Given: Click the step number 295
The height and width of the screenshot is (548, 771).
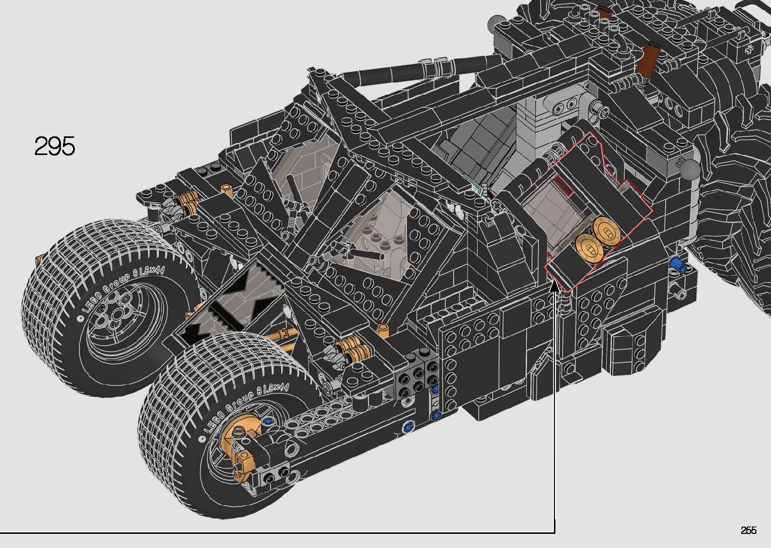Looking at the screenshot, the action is tap(54, 146).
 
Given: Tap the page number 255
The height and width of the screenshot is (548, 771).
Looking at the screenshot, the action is tap(749, 530).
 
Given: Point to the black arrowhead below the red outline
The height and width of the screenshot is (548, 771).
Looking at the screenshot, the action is tap(554, 286).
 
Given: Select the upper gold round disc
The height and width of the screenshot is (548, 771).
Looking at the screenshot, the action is tap(606, 229).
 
